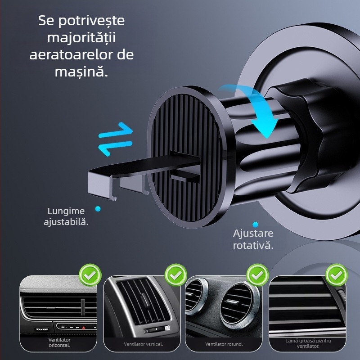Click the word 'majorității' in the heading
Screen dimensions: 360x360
(81, 37)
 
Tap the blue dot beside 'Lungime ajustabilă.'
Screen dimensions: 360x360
(98, 209)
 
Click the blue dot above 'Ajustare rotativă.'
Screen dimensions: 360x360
(255, 224)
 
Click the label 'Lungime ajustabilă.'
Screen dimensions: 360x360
(66, 216)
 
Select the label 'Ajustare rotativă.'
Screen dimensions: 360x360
(253, 239)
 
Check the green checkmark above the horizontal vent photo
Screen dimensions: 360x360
(90, 274)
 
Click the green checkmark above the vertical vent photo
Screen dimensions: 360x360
(176, 274)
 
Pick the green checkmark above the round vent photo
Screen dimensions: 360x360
(258, 274)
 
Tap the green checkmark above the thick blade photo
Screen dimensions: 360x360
(337, 274)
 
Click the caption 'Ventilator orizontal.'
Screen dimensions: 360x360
(60, 342)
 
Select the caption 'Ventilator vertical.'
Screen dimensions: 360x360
(144, 344)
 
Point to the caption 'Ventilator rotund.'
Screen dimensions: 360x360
(224, 344)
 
